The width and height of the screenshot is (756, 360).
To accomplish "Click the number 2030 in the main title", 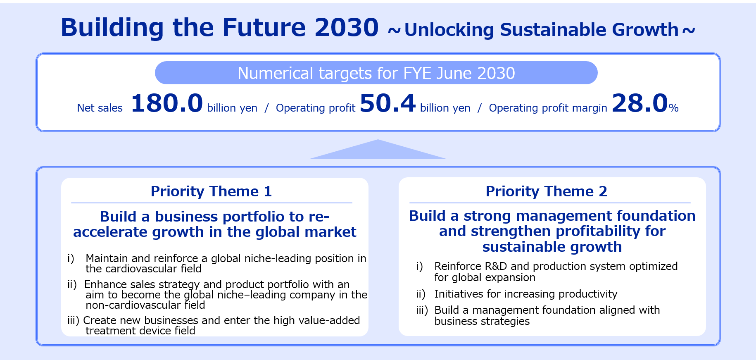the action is click(x=346, y=28).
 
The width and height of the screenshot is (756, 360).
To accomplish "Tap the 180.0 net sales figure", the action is click(x=167, y=103).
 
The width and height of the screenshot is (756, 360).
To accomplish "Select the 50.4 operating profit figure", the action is click(x=388, y=103).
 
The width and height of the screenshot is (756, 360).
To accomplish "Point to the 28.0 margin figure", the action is click(x=640, y=103).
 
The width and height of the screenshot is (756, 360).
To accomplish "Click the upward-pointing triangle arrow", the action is click(x=378, y=149).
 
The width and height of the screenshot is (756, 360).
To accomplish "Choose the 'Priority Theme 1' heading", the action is click(x=211, y=191).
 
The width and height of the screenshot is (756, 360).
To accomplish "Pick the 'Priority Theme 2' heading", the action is click(x=546, y=191).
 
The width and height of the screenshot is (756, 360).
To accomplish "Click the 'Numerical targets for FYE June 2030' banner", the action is click(x=376, y=73).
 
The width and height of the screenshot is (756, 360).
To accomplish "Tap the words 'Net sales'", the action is click(x=100, y=108).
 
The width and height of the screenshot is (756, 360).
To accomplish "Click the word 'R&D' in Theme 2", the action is click(x=496, y=266).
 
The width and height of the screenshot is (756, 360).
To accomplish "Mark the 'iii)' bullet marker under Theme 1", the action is click(x=73, y=320).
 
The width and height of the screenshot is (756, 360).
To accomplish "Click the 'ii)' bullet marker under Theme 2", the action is click(x=421, y=294).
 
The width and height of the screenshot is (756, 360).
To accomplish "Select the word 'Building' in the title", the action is click(x=112, y=28).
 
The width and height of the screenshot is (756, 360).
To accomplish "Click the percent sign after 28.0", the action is click(x=673, y=108).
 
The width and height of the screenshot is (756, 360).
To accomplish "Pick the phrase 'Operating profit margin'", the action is click(x=548, y=108).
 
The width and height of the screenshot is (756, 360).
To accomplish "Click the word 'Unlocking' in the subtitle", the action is click(x=449, y=30).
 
